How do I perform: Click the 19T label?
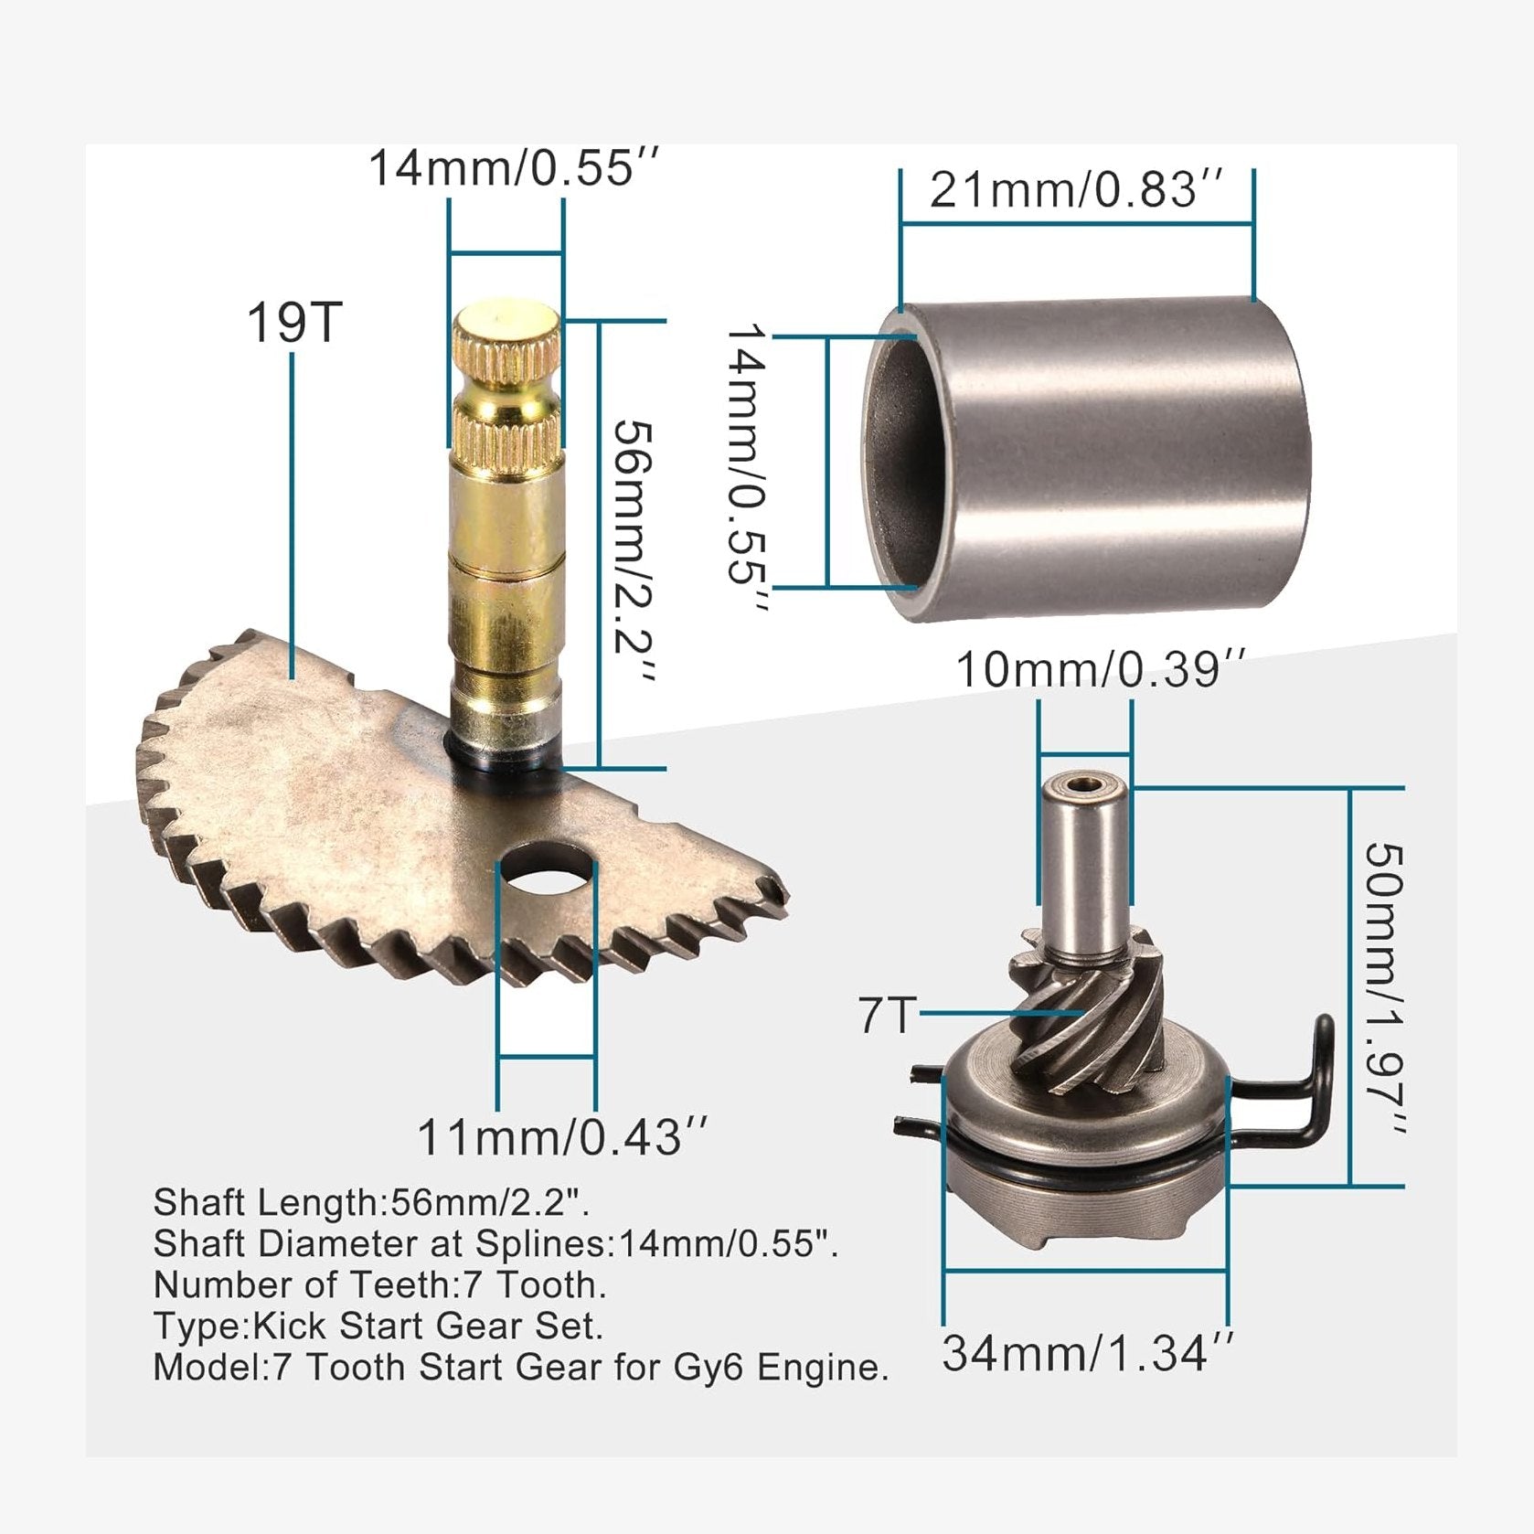pos(294,323)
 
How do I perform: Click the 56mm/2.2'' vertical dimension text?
pos(633,551)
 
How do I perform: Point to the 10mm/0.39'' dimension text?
pos(1100,670)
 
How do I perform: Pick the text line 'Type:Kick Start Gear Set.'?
pos(378,1326)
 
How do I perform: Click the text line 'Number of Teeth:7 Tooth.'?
pos(379,1285)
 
